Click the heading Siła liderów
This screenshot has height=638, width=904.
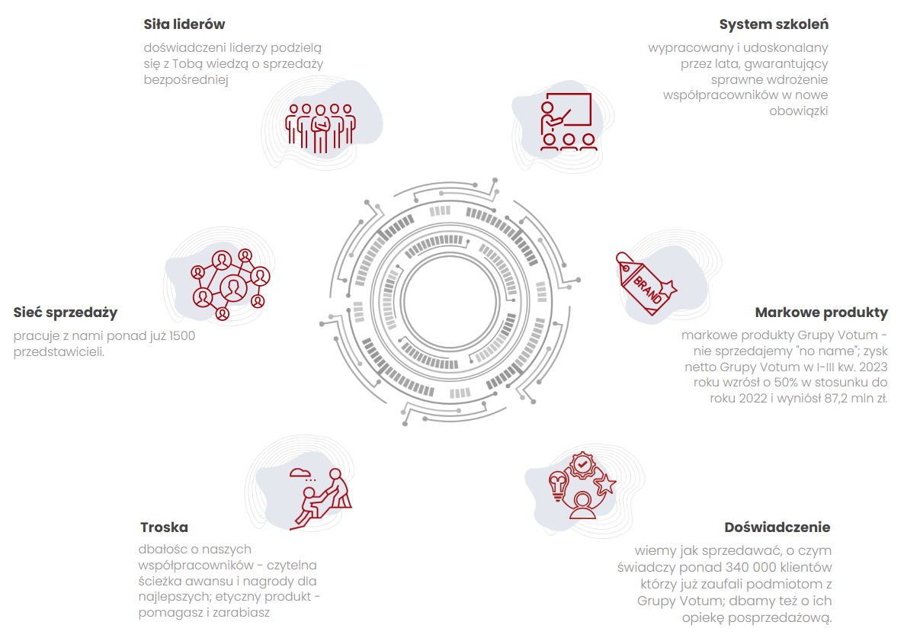point(184,24)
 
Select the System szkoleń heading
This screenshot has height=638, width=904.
point(773,24)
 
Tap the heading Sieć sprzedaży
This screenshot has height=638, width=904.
point(65,313)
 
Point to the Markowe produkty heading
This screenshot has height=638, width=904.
point(821,313)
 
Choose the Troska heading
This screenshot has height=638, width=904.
point(164,527)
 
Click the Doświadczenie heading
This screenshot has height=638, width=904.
point(777,527)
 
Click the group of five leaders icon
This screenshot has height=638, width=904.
point(321,128)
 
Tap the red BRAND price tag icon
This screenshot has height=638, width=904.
point(646,284)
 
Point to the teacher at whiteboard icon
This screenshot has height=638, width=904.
point(566,122)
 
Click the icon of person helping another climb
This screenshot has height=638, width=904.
point(321,499)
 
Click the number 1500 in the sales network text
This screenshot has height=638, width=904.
point(181,335)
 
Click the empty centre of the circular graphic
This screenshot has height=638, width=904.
point(450,301)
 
